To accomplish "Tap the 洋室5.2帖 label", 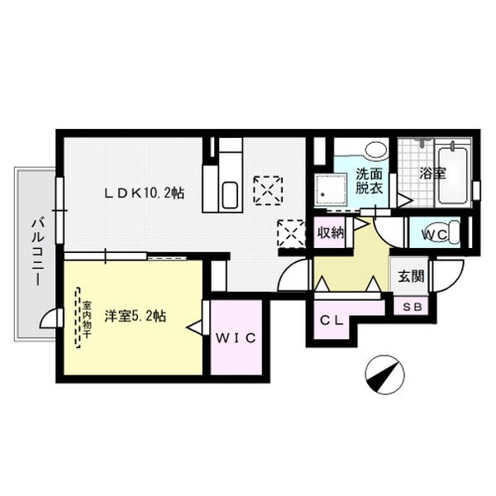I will click(136, 316).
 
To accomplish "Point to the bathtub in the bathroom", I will click(452, 175).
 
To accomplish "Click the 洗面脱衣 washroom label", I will click(369, 181).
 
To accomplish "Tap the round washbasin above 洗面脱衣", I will click(375, 151).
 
